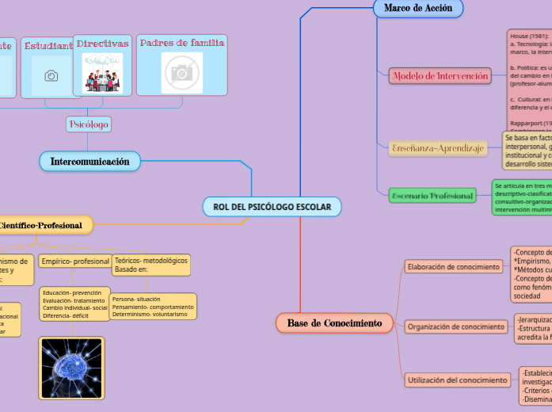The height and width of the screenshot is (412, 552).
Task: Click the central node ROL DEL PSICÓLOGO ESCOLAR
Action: (x=272, y=207)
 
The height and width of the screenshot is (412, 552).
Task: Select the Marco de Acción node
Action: (x=417, y=8)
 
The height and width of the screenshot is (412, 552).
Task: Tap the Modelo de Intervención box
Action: (x=440, y=76)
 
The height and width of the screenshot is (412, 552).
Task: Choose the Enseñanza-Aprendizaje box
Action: (x=437, y=148)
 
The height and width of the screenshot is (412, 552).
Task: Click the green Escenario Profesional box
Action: (x=432, y=196)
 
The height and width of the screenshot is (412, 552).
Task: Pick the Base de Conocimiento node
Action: (x=334, y=323)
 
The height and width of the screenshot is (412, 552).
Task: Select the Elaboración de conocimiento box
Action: (x=454, y=267)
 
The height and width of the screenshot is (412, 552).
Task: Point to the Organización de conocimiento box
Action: (x=455, y=326)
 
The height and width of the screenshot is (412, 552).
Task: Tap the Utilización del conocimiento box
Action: (x=458, y=380)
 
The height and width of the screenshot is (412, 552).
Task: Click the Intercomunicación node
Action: (x=89, y=162)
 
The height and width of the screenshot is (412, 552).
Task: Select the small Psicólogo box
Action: (x=89, y=124)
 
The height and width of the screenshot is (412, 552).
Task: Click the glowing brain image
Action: (x=71, y=370)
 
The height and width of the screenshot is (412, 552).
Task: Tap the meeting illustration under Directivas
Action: (x=102, y=73)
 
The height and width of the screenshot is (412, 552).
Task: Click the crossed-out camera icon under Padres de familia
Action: (x=182, y=72)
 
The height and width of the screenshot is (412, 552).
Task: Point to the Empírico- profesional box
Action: (x=75, y=261)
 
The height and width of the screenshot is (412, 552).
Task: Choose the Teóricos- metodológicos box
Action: (x=151, y=265)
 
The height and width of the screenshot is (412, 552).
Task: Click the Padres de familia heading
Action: (x=182, y=43)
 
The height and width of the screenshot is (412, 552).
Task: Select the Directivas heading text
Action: (x=102, y=44)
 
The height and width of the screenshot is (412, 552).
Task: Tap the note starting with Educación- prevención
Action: (x=75, y=304)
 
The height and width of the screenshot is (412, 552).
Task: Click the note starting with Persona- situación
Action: (x=153, y=307)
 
